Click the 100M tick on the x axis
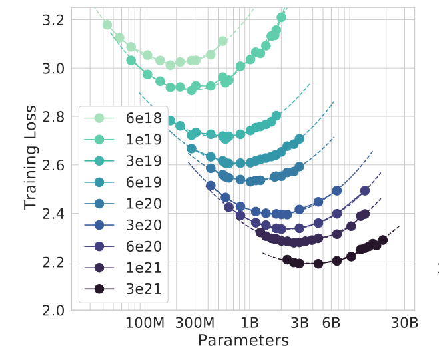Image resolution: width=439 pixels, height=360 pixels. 145,323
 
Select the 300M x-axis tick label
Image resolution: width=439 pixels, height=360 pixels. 196,323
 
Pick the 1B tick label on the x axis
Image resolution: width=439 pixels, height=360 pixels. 250,323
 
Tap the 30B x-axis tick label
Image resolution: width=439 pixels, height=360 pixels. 404,323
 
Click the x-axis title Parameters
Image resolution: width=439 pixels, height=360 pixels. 243,341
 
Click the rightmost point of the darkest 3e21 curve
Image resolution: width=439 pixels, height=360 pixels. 383,240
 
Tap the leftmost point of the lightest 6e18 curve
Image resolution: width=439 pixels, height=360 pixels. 107,25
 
